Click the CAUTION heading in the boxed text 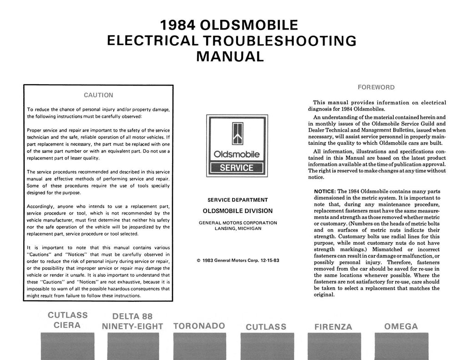point(99,95)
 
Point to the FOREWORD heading point(376,87)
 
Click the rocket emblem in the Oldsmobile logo point(237,134)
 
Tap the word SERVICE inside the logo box point(237,167)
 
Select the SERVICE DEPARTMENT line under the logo point(238,200)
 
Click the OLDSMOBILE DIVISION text point(238,211)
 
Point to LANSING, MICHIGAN point(238,228)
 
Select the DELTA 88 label point(132,316)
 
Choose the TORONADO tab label point(199,326)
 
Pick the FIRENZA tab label point(333,327)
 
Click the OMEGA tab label point(401,326)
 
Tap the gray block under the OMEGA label point(401,346)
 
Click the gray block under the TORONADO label point(199,346)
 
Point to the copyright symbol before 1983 point(198,261)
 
